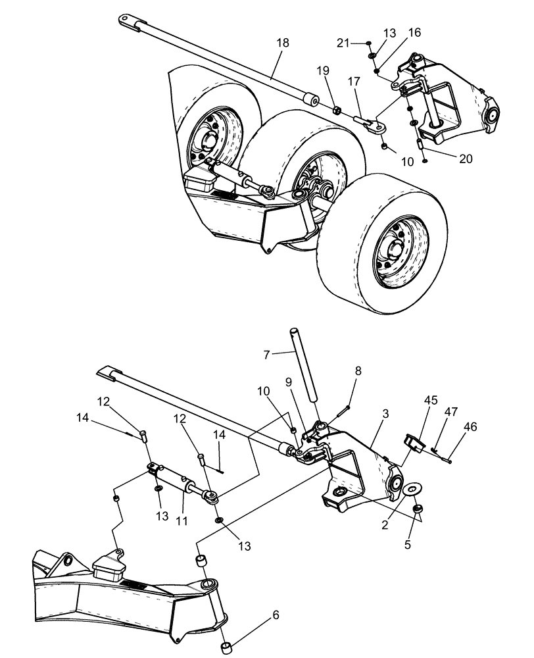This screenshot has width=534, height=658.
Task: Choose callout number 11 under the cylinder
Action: click(182, 520)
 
